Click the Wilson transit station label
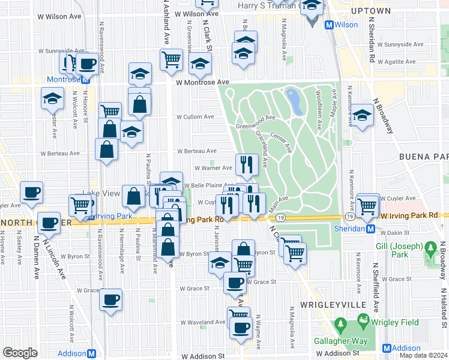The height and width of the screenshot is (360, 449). [x=347, y=25]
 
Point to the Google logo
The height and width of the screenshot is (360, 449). [x=20, y=353]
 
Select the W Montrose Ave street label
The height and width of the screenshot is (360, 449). [x=202, y=82]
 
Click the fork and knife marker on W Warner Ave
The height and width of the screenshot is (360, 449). [x=247, y=163]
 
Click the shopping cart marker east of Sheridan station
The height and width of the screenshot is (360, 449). [x=367, y=205]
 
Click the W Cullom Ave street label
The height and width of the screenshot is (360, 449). [x=194, y=117]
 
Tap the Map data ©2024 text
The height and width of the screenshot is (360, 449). [x=424, y=355]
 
